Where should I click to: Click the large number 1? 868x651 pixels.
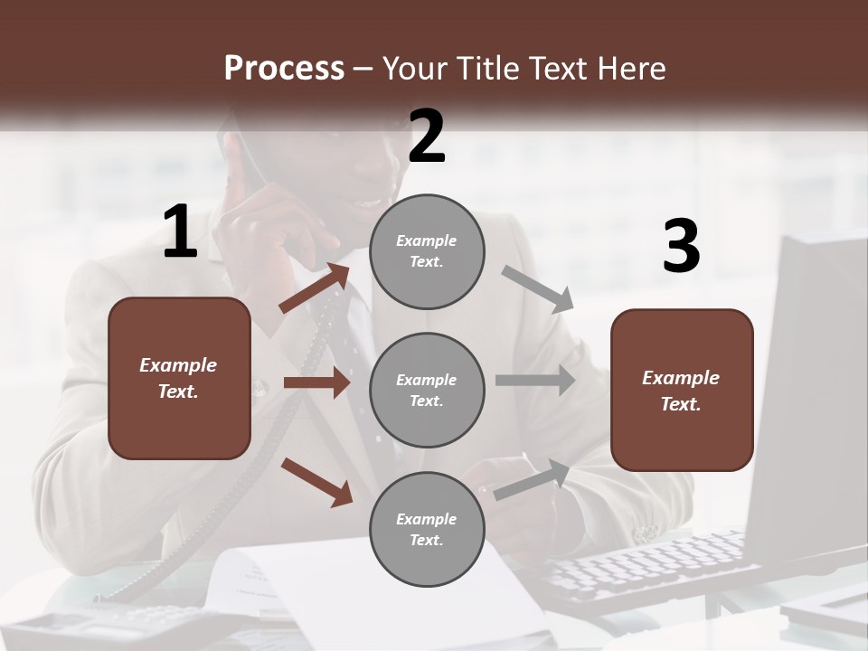click(x=180, y=232)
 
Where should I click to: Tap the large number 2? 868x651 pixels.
click(x=427, y=137)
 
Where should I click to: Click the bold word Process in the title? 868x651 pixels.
click(x=284, y=68)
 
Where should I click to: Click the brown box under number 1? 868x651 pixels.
click(x=179, y=378)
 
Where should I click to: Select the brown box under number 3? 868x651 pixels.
click(x=682, y=390)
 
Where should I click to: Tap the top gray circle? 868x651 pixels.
click(x=427, y=250)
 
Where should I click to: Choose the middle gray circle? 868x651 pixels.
click(x=427, y=390)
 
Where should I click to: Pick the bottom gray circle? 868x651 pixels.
click(x=427, y=529)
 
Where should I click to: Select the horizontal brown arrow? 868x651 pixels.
click(x=316, y=382)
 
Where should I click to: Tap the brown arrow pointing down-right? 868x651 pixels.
click(x=317, y=481)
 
